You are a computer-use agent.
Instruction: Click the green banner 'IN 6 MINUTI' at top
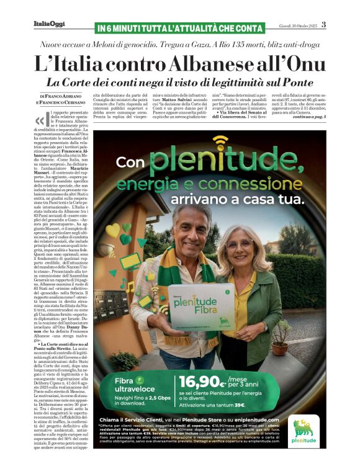180,28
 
